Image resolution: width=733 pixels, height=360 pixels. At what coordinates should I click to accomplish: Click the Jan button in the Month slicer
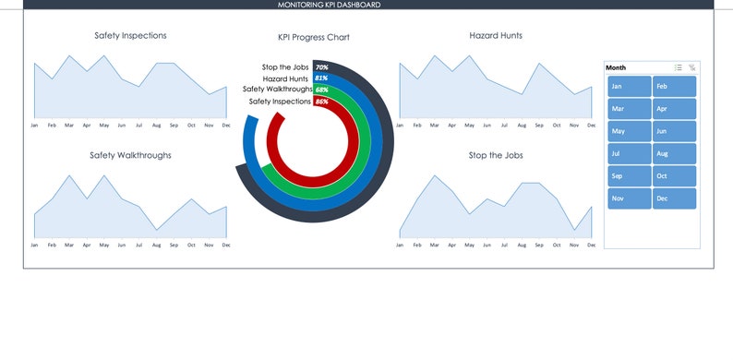629,86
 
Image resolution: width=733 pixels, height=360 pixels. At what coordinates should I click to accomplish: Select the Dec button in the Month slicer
674,198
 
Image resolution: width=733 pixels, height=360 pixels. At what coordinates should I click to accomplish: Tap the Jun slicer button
674,131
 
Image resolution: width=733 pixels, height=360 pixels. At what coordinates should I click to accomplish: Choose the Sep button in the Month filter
629,176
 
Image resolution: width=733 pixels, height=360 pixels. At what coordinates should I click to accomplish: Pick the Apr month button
674,109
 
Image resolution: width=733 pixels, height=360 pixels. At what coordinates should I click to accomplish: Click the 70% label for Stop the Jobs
321,67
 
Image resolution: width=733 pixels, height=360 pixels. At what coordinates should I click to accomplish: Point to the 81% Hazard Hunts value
321,78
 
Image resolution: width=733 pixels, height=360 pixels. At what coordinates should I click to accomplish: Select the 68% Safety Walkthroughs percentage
321,90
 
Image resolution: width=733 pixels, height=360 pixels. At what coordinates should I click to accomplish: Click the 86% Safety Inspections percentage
321,102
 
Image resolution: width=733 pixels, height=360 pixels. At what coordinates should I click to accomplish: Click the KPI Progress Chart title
314,38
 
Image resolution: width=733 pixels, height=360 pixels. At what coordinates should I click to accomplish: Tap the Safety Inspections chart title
130,36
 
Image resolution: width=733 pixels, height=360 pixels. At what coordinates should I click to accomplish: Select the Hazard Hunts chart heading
496,36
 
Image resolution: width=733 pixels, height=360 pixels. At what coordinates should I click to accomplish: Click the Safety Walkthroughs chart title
130,155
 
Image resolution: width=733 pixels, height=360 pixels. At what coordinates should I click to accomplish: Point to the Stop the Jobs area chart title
496,155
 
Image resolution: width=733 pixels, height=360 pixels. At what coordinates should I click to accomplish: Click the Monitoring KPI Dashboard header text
330,5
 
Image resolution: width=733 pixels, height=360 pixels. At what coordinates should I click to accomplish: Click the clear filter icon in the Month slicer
692,67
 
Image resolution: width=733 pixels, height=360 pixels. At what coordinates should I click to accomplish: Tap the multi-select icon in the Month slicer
678,67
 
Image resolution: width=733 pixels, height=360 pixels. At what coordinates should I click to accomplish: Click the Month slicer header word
616,67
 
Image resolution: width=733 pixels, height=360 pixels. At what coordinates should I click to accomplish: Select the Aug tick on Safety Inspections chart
156,125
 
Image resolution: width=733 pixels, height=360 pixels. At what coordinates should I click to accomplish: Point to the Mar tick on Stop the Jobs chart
435,245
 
